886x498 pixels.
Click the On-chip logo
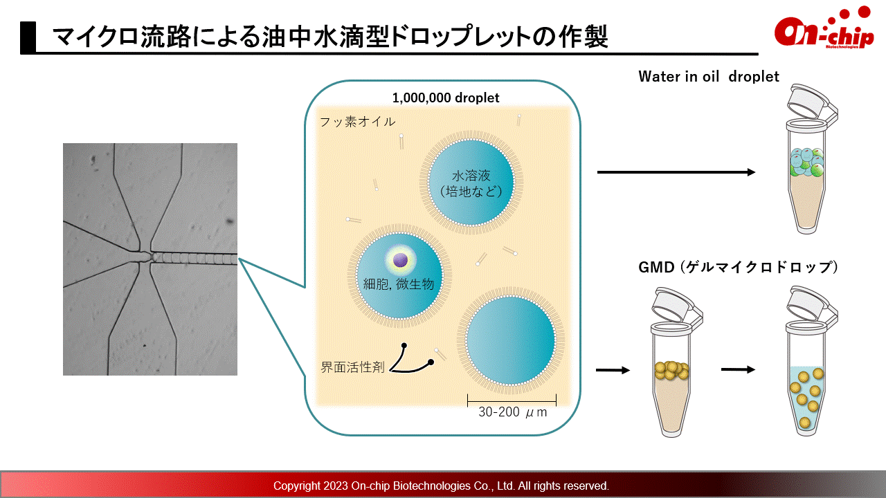click(x=824, y=29)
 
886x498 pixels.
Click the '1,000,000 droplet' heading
click(x=446, y=98)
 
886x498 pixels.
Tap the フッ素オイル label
click(x=357, y=122)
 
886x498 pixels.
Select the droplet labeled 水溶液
click(x=471, y=183)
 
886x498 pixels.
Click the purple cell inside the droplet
click(x=400, y=260)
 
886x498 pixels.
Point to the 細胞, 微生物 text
click(x=399, y=284)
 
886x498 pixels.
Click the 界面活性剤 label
click(x=352, y=367)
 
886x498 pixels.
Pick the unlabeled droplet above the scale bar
click(x=511, y=340)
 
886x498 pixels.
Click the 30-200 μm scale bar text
click(x=513, y=412)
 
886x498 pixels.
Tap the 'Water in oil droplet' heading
click(x=708, y=77)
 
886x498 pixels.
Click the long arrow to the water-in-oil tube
click(x=676, y=172)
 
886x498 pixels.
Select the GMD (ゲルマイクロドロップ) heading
click(x=738, y=267)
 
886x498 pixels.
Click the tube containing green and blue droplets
click(x=807, y=158)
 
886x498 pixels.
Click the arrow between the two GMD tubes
click(x=738, y=369)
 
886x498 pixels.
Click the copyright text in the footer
click(x=441, y=486)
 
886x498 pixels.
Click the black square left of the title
click(x=28, y=37)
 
